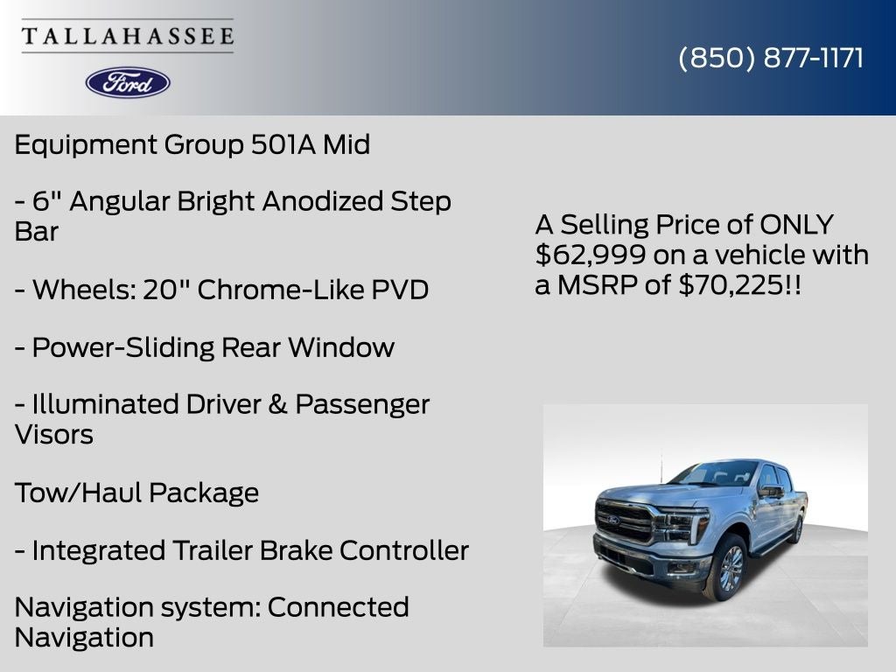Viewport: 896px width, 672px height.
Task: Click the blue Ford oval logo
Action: tap(128, 82)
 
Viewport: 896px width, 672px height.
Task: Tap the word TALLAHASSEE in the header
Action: tap(128, 37)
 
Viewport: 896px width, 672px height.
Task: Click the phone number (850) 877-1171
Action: tap(771, 58)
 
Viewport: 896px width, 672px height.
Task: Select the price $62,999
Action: tap(591, 255)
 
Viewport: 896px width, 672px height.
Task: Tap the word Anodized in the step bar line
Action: tap(324, 201)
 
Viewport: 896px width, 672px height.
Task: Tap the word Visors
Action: tap(54, 434)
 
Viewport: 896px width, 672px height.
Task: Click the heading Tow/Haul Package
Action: tap(136, 493)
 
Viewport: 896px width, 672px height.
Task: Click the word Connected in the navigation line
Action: tap(338, 607)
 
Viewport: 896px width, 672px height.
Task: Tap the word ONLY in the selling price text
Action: tap(796, 225)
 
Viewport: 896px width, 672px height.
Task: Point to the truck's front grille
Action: tap(626, 522)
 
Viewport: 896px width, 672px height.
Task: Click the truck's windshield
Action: tap(716, 473)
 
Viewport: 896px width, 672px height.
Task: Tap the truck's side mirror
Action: tap(770, 492)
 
